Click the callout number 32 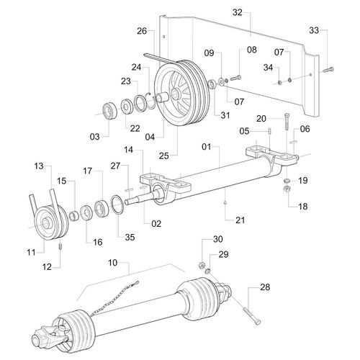click(238, 13)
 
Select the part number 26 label click(141, 31)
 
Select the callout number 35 click(130, 236)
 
